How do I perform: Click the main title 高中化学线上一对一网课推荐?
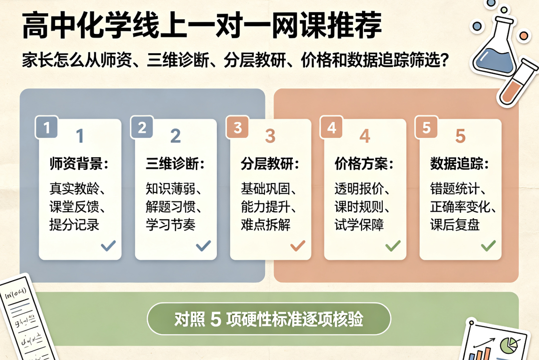(202, 26)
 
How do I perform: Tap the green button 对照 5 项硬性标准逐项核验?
(269, 319)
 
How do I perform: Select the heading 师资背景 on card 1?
(79, 163)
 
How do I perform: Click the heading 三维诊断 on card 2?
(175, 163)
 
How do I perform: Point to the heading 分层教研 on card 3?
(270, 163)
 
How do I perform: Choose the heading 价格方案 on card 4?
(364, 163)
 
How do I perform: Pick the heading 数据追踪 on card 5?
(459, 163)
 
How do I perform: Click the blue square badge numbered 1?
(47, 128)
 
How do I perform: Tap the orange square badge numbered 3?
(237, 128)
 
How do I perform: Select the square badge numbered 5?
(426, 128)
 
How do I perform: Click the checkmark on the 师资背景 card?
(108, 245)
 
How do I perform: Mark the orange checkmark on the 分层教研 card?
(298, 245)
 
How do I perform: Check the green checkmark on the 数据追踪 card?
(488, 245)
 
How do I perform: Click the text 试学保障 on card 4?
(359, 225)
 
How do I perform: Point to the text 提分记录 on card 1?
(74, 225)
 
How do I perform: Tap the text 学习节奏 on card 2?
(170, 225)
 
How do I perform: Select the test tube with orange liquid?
(517, 82)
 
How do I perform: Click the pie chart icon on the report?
(509, 345)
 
